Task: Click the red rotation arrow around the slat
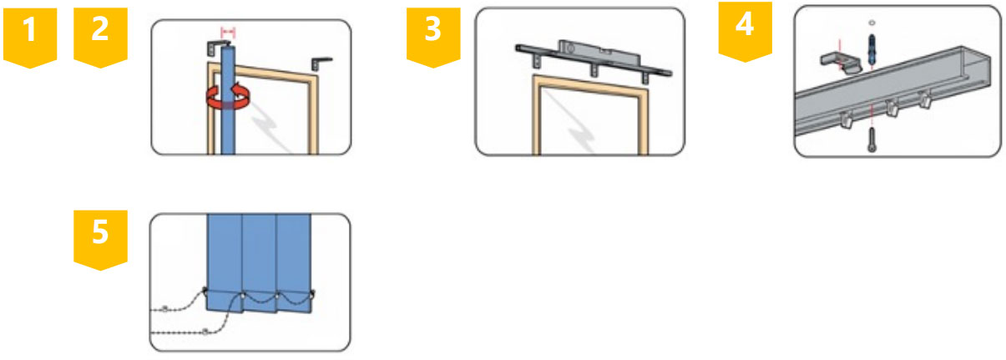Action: coord(228,98)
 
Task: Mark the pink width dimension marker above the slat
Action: coord(228,33)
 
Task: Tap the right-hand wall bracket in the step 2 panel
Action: coord(321,63)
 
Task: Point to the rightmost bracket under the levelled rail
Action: coord(645,77)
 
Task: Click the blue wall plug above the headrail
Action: coord(872,49)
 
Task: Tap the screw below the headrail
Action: coord(872,139)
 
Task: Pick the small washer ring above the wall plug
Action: coord(872,23)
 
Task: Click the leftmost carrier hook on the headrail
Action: coord(846,119)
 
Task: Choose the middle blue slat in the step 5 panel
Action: coord(259,263)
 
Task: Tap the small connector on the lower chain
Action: coord(205,332)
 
